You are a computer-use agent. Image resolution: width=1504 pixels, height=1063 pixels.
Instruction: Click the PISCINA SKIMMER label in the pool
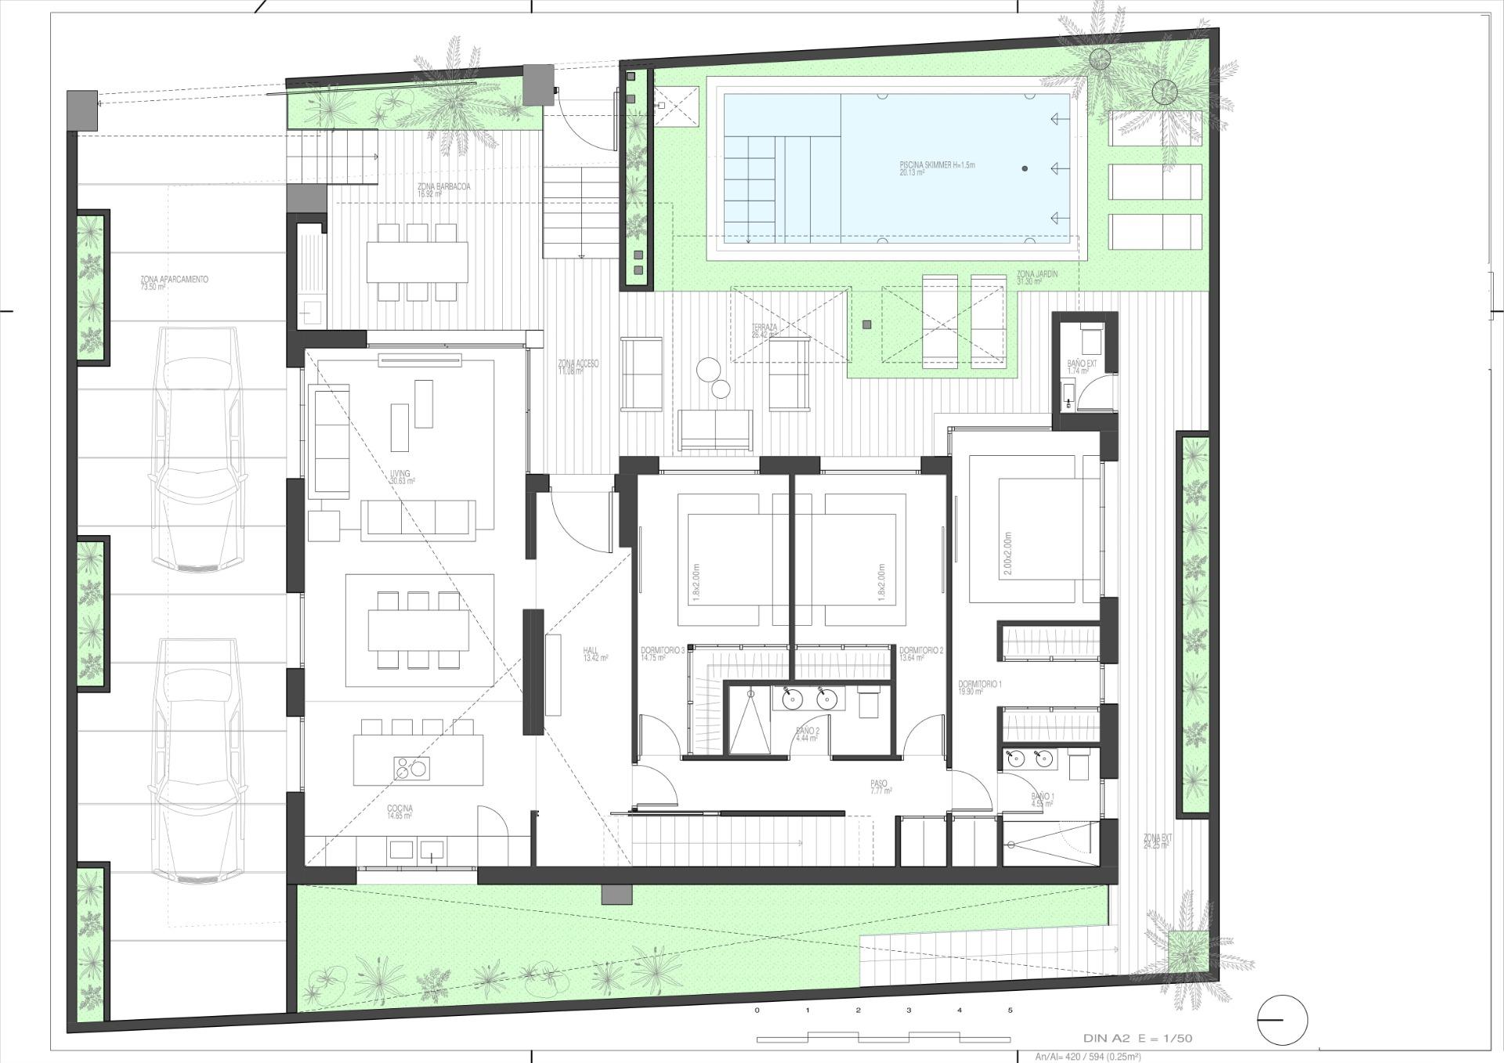[x=937, y=166]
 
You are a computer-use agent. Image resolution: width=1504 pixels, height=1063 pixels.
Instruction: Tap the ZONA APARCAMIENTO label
[x=174, y=280]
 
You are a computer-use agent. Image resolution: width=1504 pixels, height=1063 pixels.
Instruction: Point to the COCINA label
[x=399, y=808]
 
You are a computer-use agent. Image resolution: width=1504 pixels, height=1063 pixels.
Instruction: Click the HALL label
[x=591, y=651]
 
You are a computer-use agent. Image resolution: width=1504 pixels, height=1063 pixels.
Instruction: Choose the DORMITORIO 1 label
[x=979, y=685]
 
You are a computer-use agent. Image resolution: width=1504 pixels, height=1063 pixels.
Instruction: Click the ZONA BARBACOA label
[x=443, y=187]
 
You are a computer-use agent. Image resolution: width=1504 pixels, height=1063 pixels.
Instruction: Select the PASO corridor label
[x=878, y=783]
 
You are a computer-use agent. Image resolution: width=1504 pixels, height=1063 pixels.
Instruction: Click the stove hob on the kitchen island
[x=411, y=768]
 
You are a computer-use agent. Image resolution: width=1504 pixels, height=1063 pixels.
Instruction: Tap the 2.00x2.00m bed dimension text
[x=1007, y=554]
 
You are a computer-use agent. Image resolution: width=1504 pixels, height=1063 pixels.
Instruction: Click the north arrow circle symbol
[x=1282, y=1020]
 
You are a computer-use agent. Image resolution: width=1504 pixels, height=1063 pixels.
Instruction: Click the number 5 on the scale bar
[x=1010, y=1011]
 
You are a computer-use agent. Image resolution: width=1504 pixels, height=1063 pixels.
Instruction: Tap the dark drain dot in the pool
[x=1025, y=168]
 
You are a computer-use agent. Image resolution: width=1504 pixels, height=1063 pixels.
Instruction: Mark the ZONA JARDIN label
[x=1037, y=274]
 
